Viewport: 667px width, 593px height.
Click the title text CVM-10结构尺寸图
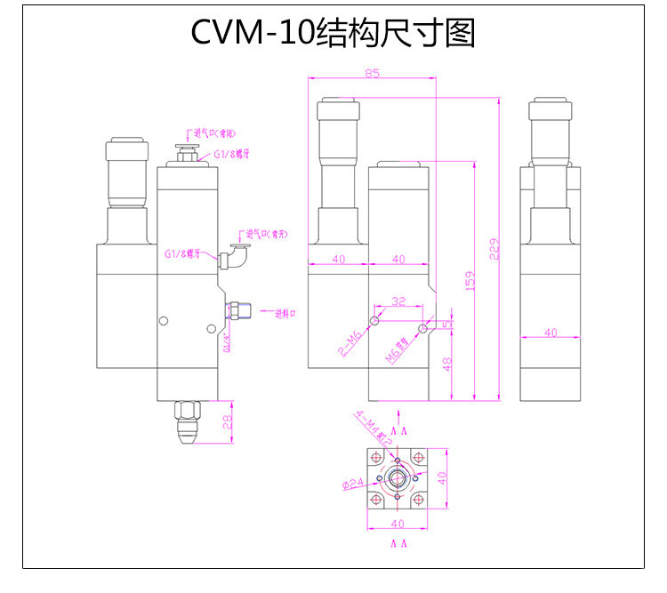[x=333, y=33]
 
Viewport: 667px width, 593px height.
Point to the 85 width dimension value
[x=371, y=73]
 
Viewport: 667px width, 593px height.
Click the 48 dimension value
[x=447, y=363]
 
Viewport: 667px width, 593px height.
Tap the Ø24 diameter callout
[x=353, y=485]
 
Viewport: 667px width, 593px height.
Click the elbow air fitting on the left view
[x=234, y=258]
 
